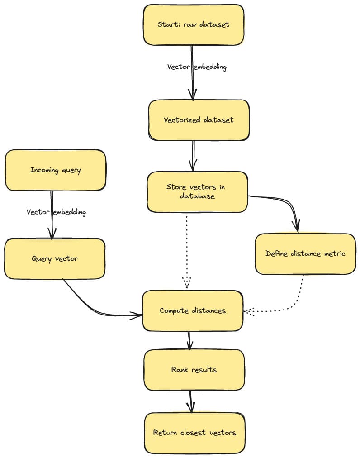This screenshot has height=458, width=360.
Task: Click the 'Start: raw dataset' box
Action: [194, 24]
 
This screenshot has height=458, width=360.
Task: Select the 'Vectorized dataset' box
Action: [199, 120]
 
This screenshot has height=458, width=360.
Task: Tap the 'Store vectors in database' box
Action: [197, 191]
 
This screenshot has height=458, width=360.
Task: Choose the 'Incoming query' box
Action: [56, 170]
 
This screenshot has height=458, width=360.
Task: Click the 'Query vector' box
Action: [55, 258]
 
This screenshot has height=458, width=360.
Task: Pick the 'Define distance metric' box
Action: [305, 253]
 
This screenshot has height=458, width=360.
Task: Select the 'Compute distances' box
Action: [193, 310]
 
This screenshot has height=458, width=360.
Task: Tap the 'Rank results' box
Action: [194, 370]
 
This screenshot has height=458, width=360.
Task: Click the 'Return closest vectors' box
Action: [194, 433]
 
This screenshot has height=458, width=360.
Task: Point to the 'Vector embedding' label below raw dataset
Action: [197, 67]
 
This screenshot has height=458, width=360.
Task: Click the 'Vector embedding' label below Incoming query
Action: [56, 212]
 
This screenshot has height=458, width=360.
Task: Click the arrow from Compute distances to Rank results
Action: [189, 340]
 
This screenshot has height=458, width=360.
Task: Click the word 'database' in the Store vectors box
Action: [197, 196]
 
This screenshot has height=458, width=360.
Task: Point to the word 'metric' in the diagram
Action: [335, 253]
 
